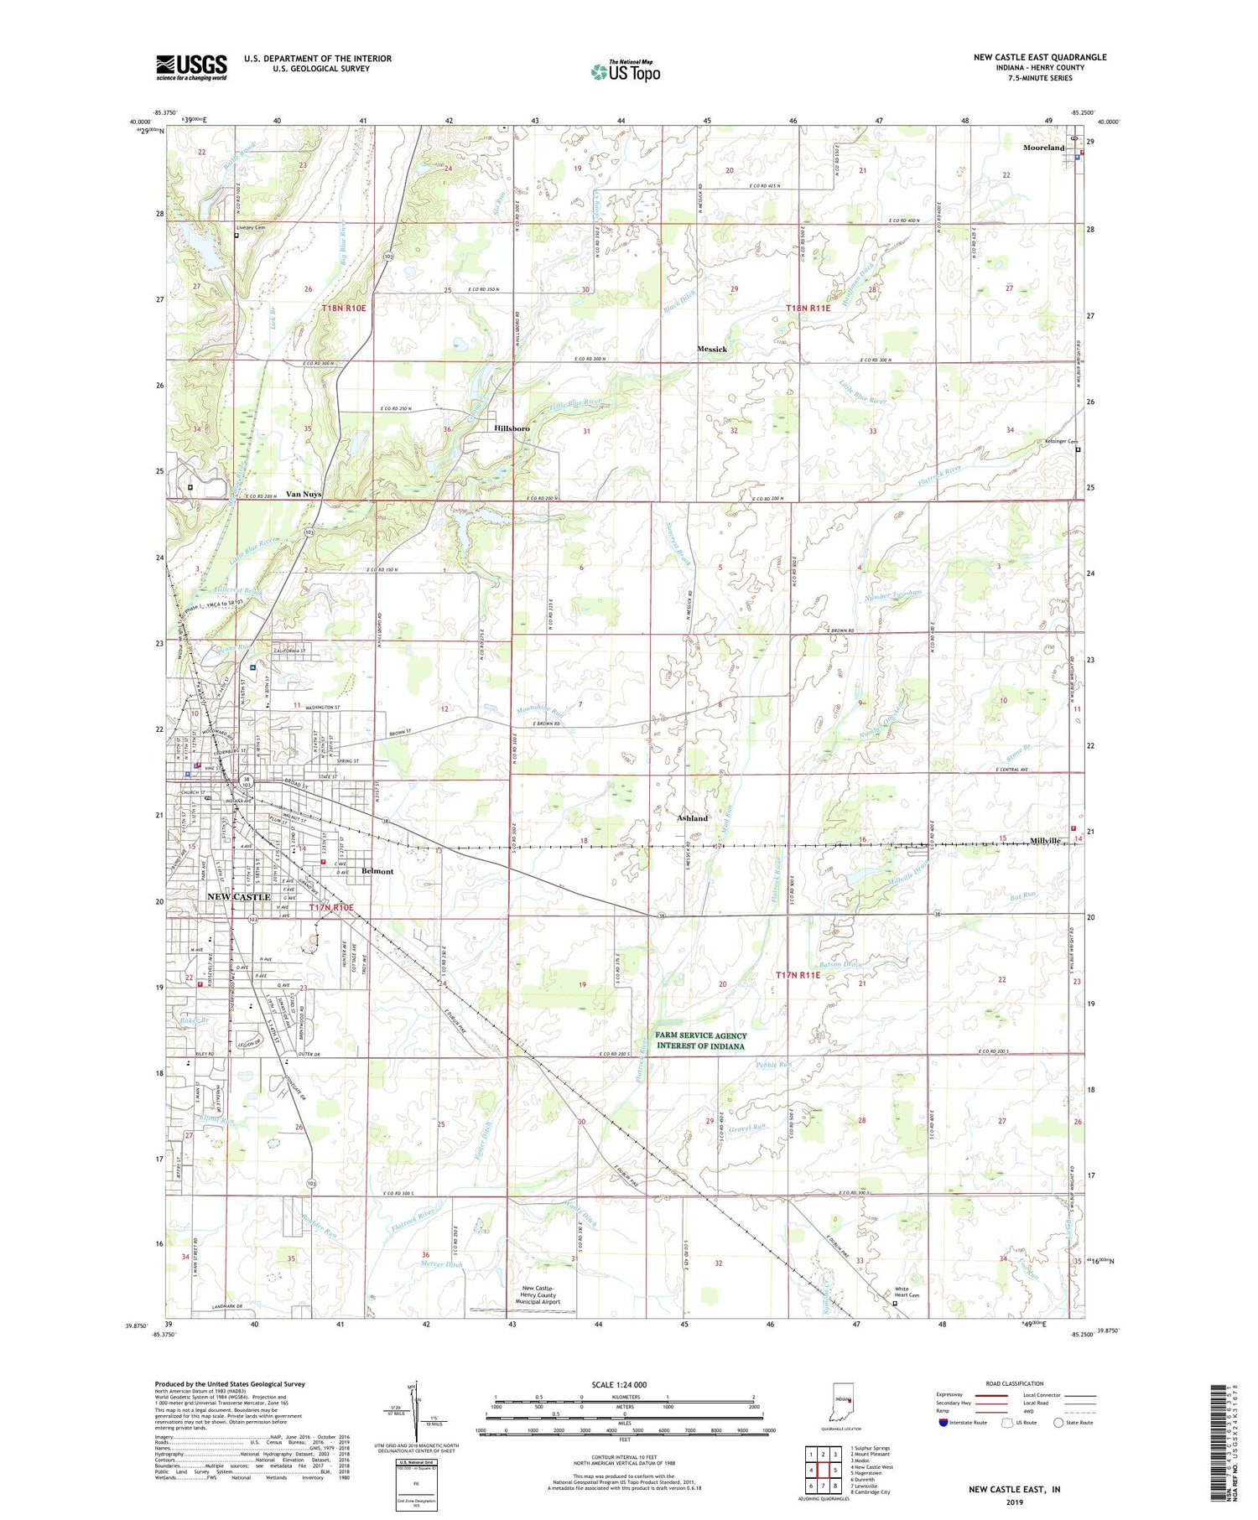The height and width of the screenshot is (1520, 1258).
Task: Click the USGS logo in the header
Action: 191,67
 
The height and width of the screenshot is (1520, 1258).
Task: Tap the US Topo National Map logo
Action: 625,71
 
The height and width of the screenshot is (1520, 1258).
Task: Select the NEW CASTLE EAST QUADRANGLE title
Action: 1039,57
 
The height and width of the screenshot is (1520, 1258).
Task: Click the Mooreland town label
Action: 1043,148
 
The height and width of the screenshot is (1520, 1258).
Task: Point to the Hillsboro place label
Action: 512,428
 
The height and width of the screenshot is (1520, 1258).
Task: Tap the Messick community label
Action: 712,349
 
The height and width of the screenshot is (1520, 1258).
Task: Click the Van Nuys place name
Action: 304,494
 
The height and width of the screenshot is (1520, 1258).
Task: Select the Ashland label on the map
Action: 693,818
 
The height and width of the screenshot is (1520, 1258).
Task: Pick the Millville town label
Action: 1046,840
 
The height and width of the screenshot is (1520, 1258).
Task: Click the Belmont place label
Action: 377,871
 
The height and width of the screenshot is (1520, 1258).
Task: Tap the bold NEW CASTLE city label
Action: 239,897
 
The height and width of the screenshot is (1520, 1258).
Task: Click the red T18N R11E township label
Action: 808,309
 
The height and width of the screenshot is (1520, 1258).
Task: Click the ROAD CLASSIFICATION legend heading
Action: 1015,1383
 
